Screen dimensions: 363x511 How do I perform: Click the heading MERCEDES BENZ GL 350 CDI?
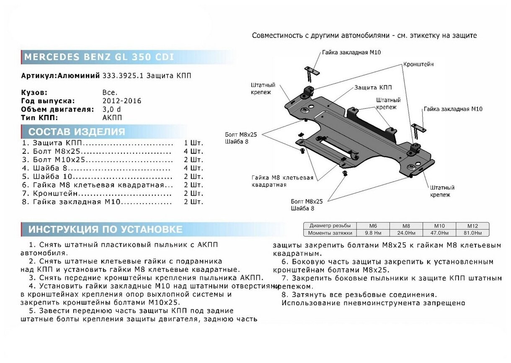pos(99,57)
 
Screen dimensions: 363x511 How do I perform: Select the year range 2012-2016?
pos(122,101)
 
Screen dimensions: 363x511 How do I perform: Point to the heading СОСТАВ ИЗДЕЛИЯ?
pos(77,132)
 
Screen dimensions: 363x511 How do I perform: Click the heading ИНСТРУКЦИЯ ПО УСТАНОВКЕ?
pos(106,229)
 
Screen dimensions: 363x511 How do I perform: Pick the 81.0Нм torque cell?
pos(472,233)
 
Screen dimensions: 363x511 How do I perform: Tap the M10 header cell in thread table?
pos(439,225)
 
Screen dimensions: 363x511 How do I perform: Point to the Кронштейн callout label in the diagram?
pos(418,65)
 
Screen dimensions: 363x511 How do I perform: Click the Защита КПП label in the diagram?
pos(373,87)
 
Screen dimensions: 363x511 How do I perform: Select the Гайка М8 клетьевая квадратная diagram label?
pos(282,181)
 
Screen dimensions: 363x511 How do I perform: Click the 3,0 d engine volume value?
pos(111,109)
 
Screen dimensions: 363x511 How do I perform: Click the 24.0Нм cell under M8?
pos(406,233)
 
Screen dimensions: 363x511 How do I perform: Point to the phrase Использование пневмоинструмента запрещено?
pos(373,303)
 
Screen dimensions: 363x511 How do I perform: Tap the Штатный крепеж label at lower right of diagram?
pos(442,191)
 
